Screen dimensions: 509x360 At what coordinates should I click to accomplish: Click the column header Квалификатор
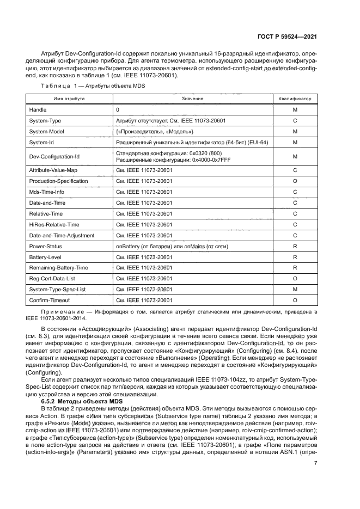tap(294, 99)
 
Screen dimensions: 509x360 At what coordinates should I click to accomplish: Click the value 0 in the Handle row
tap(118, 110)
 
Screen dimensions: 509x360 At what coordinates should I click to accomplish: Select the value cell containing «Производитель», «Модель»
tap(155, 132)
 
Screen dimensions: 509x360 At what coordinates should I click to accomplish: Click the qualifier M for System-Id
tap(294, 143)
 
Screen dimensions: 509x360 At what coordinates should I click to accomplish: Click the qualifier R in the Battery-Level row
tap(294, 257)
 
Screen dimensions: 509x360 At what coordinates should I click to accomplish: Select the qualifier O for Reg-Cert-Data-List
tap(294, 278)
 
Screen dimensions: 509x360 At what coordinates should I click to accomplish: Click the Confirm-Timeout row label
tap(49, 300)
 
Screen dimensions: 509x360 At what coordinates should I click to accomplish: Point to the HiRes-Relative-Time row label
tap(54, 225)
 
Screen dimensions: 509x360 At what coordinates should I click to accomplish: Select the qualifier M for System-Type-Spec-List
tap(294, 289)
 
